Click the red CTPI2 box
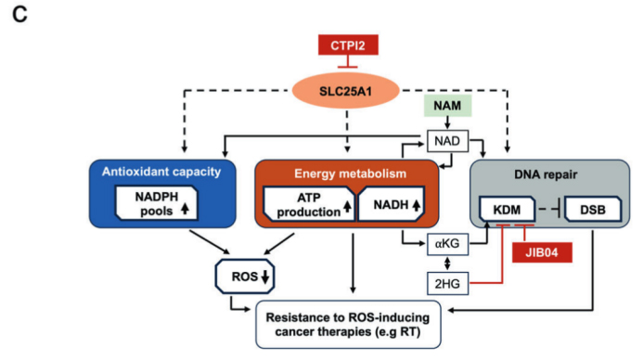click(x=348, y=45)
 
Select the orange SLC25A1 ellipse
click(x=346, y=91)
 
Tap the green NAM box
click(x=447, y=106)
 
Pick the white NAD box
click(x=447, y=141)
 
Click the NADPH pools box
click(x=157, y=203)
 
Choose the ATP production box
click(x=309, y=205)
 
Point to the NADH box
click(x=392, y=205)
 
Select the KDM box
click(x=508, y=210)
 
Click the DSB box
click(x=593, y=210)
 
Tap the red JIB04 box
click(x=542, y=252)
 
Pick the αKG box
click(x=447, y=244)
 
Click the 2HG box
click(x=447, y=283)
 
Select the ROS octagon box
click(x=245, y=276)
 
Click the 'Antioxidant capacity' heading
click(x=161, y=172)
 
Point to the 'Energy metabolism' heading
click(x=350, y=174)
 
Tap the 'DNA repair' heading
click(x=546, y=174)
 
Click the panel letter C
click(x=19, y=15)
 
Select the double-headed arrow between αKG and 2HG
click(x=447, y=264)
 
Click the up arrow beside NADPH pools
click(x=185, y=209)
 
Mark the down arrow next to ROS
click(x=265, y=276)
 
